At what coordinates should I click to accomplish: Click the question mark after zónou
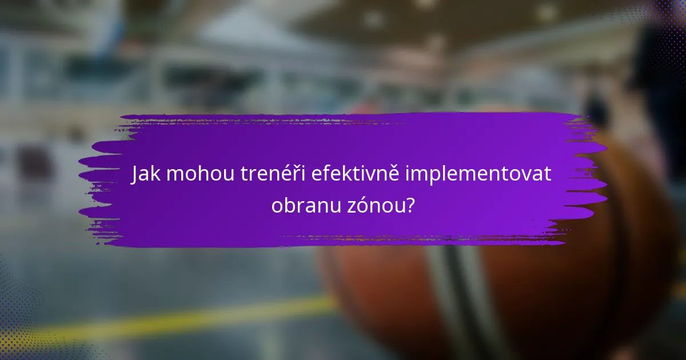pos(410,204)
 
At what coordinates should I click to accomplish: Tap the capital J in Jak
pos(135,174)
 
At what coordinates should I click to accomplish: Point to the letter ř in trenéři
pos(291,174)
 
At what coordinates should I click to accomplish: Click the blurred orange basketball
pos(514,286)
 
